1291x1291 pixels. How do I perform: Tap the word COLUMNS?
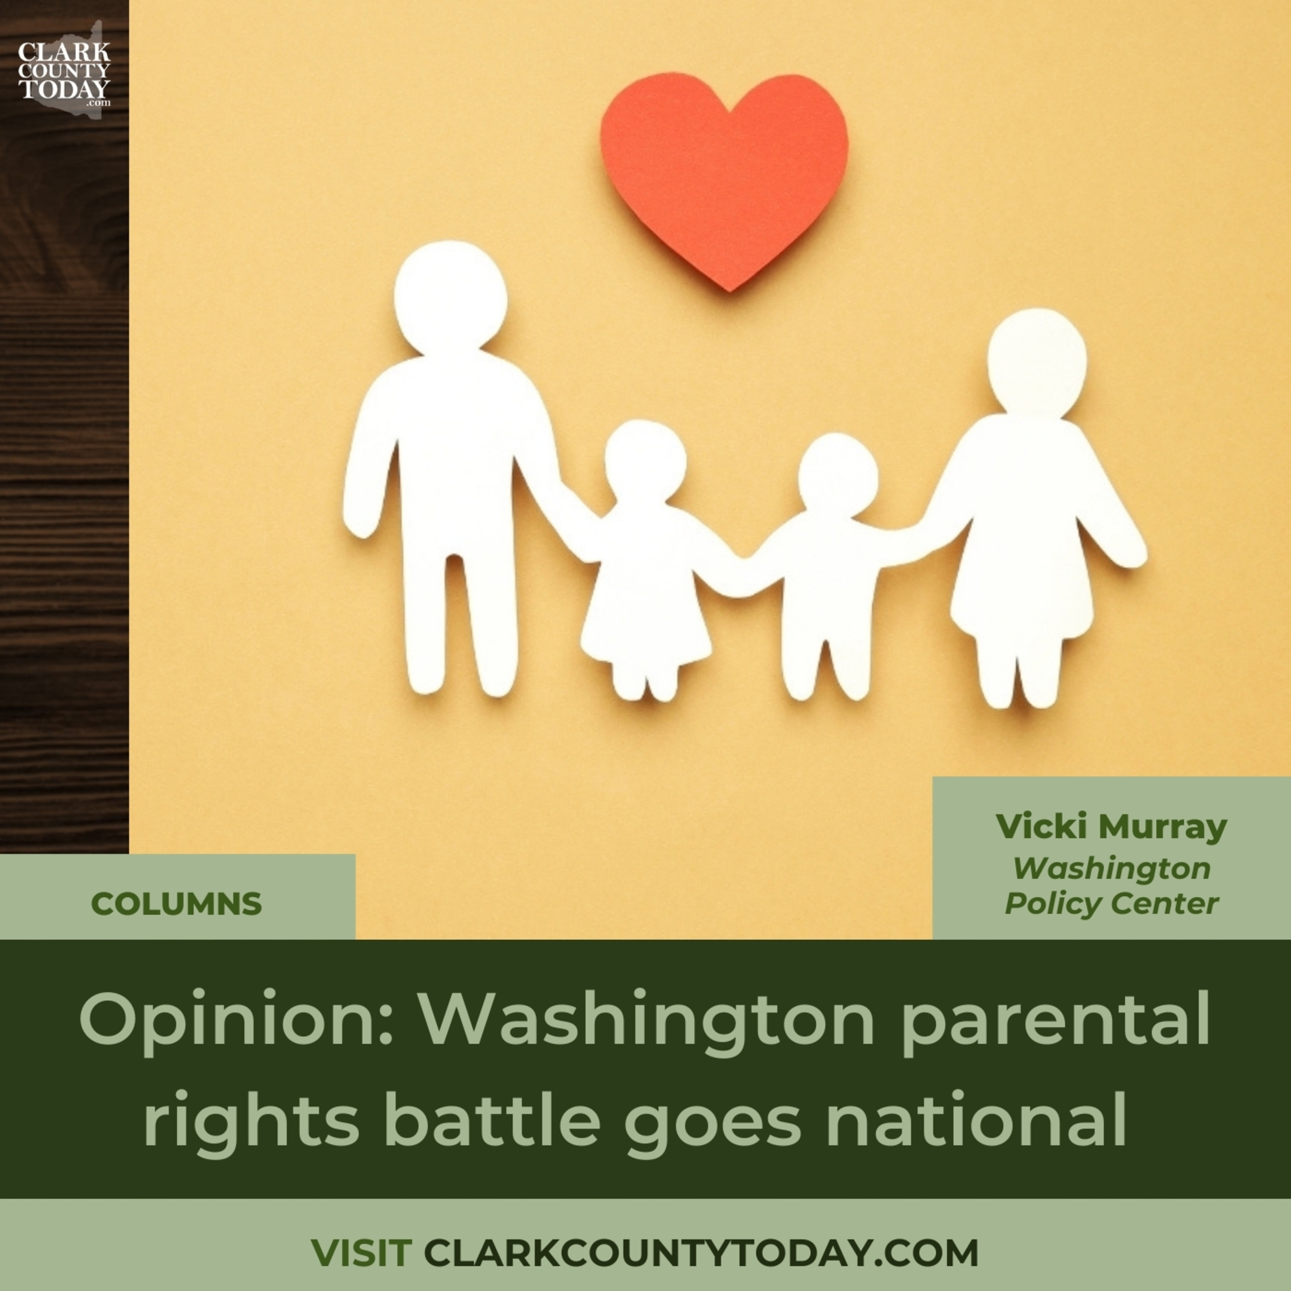[176, 904]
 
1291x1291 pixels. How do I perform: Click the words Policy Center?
[1111, 904]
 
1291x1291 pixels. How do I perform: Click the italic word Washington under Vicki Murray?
[1111, 868]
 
